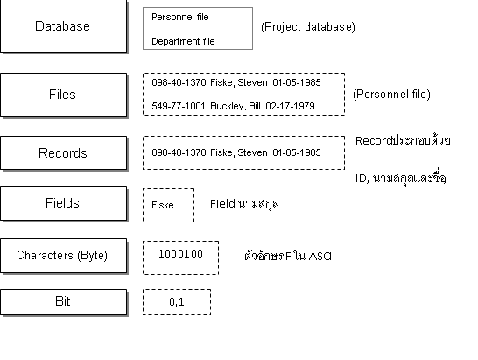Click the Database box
(62, 26)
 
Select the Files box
(62, 95)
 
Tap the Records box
(62, 153)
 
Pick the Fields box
(62, 203)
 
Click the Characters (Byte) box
(62, 256)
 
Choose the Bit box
(62, 301)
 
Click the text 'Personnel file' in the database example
(180, 17)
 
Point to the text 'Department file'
(183, 41)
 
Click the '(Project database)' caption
(308, 27)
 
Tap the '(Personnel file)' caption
(391, 95)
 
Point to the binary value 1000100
(180, 254)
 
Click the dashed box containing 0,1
(177, 302)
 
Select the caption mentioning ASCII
(289, 257)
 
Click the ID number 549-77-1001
(178, 107)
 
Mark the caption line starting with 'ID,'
(401, 178)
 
